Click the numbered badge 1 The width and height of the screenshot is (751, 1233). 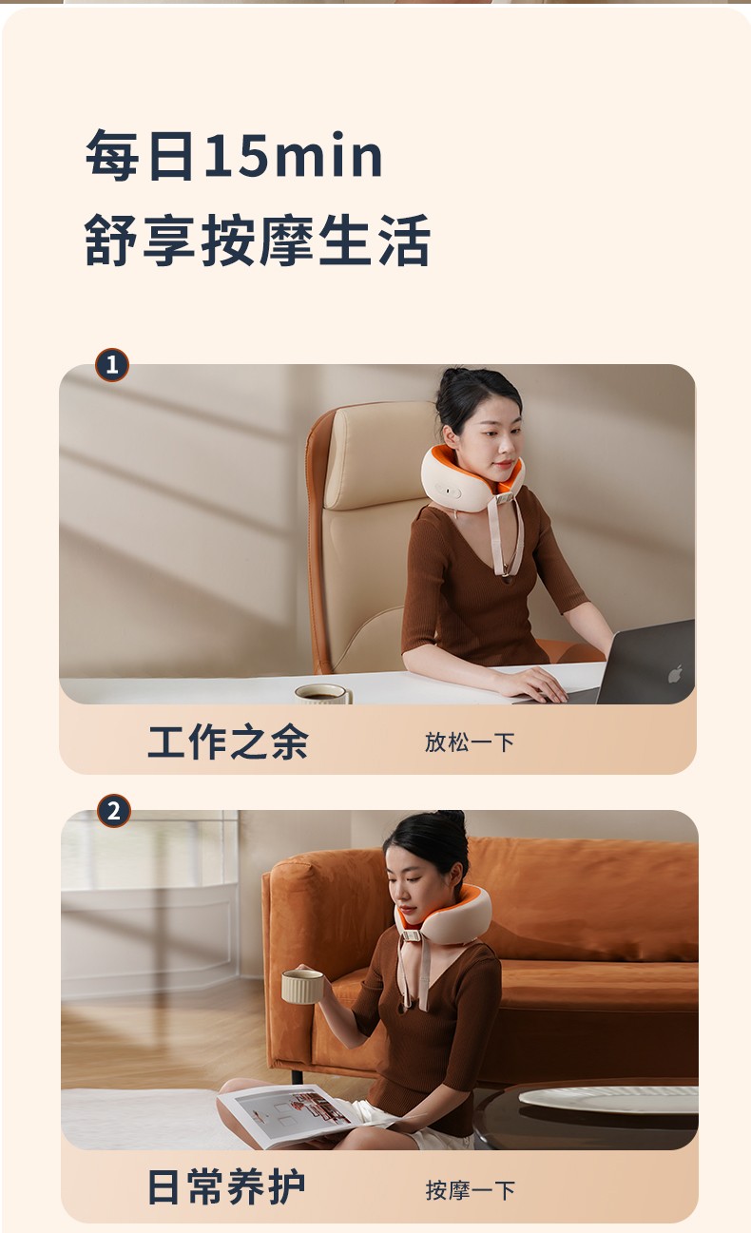pyautogui.click(x=112, y=365)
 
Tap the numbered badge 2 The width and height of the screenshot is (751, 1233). pyautogui.click(x=114, y=811)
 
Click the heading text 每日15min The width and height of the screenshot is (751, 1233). pyautogui.click(x=234, y=156)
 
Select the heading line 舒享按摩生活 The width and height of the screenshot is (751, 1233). pyautogui.click(x=257, y=241)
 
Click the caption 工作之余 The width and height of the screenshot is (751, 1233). pyautogui.click(x=228, y=742)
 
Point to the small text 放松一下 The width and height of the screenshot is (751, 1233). pyautogui.click(x=470, y=742)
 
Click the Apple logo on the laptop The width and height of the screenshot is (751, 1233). pyautogui.click(x=676, y=673)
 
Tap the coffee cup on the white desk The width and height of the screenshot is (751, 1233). pyautogui.click(x=323, y=694)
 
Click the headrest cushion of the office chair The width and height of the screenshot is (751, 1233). pyautogui.click(x=380, y=454)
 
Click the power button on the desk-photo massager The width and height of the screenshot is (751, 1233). pyautogui.click(x=448, y=491)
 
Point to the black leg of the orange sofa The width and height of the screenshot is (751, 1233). pyautogui.click(x=297, y=1075)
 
